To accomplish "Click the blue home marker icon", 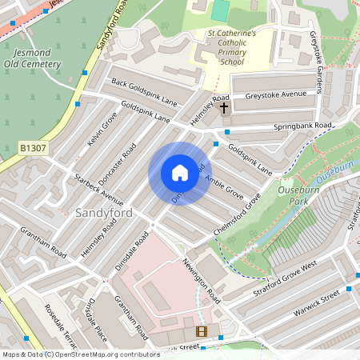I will tap(179, 174).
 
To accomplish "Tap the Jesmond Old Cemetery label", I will tap(32, 58).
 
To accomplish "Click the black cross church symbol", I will tap(223, 106).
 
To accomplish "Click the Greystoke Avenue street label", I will tap(276, 95).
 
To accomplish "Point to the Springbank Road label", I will tap(301, 126).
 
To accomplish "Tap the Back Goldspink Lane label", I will tap(144, 92).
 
